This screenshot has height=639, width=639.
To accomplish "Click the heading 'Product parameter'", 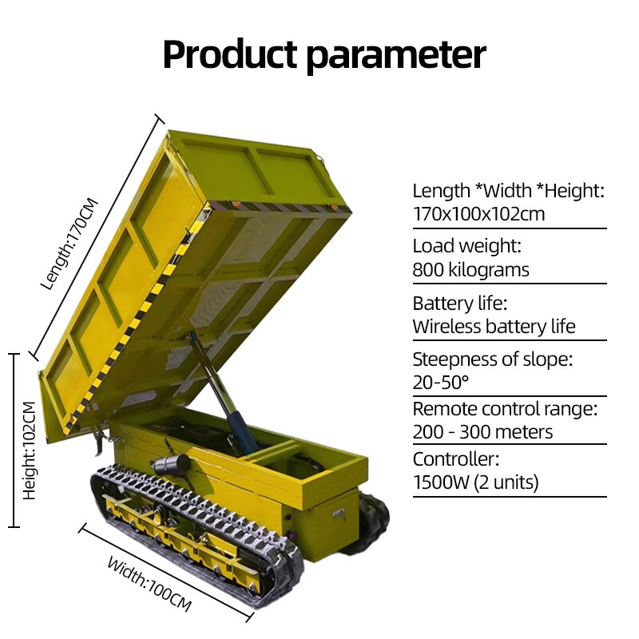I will pyautogui.click(x=323, y=54).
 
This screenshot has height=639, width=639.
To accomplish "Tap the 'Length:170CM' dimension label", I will pyautogui.click(x=70, y=243).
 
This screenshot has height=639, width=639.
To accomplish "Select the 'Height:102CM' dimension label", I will pyautogui.click(x=30, y=450).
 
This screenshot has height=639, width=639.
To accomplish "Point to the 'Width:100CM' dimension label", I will pyautogui.click(x=149, y=584).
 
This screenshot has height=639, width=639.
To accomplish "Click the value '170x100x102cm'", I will pyautogui.click(x=479, y=214).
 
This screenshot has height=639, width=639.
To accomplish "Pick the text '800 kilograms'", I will pyautogui.click(x=470, y=270).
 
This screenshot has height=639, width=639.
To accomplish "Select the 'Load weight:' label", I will pyautogui.click(x=466, y=247).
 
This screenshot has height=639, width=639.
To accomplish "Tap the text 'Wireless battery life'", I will pyautogui.click(x=494, y=326).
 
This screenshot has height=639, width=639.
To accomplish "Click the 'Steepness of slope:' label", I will pyautogui.click(x=493, y=359).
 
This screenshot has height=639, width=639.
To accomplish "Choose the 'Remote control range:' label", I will pyautogui.click(x=505, y=409).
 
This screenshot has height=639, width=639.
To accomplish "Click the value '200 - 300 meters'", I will pyautogui.click(x=482, y=432).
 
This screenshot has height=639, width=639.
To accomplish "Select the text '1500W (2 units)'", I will pyautogui.click(x=475, y=482).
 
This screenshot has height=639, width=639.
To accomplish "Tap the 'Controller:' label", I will pyautogui.click(x=455, y=459).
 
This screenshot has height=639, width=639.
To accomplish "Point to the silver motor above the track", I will pyautogui.click(x=171, y=465).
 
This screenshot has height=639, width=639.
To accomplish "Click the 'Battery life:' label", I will pyautogui.click(x=460, y=304).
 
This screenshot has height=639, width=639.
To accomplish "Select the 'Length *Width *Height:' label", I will pyautogui.click(x=508, y=191).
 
